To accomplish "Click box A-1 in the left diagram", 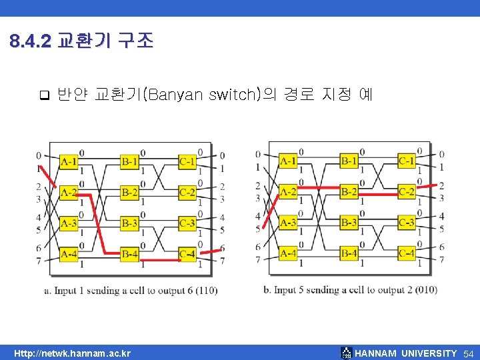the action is click(69, 162).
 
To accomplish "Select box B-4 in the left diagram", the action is click(130, 254).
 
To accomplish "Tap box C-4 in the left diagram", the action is click(188, 254).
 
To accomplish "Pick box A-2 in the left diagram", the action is click(69, 193).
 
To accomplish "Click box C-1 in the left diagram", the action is click(188, 162).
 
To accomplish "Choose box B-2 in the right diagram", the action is click(349, 192).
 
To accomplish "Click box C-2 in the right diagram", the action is click(407, 192).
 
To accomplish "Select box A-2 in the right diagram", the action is click(288, 192).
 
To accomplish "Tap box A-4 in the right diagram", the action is click(288, 253).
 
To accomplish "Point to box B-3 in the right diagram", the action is click(349, 223).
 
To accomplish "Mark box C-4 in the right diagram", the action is click(407, 253).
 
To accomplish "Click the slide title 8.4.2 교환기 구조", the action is click(81, 42).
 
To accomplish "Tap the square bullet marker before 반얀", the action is click(45, 95).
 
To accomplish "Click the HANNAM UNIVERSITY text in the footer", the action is click(406, 353).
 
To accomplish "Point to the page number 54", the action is click(468, 353).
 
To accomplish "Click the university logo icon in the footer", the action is click(346, 353).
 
